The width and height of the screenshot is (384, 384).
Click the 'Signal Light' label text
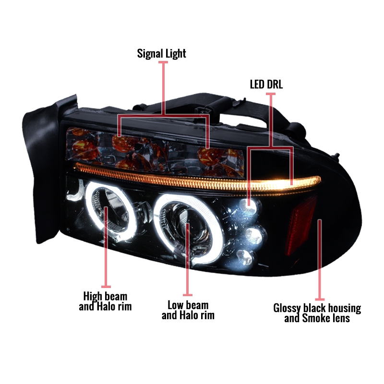click(161, 54)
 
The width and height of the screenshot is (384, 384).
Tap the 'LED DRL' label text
click(266, 84)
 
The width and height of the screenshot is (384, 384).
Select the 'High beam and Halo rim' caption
click(105, 301)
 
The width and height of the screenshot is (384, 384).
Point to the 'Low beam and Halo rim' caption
click(188, 310)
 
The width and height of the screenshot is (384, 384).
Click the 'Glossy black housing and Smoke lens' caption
click(317, 313)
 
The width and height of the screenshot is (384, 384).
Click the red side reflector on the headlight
click(301, 225)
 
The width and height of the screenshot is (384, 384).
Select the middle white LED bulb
click(254, 236)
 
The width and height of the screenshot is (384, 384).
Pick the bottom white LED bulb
click(244, 258)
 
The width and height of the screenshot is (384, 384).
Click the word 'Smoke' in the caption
click(314, 318)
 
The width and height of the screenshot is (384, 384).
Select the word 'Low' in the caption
click(176, 305)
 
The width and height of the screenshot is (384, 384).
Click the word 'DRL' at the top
click(275, 84)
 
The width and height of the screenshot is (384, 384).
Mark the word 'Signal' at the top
click(150, 54)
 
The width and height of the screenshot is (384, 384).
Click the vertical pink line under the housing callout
click(320, 259)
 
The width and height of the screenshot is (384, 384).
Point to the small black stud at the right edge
click(337, 156)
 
